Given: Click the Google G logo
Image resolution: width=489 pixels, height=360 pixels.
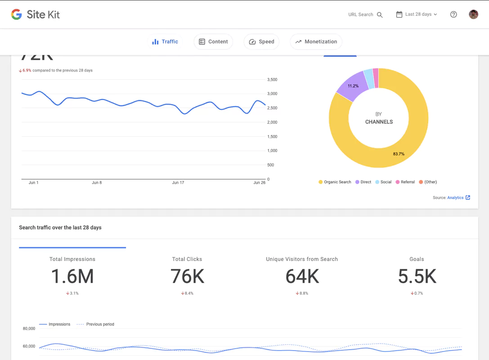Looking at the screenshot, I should click(17, 14).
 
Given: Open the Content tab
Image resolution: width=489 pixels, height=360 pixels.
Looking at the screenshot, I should click(213, 41).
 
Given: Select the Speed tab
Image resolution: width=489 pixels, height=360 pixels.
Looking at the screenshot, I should click(261, 41).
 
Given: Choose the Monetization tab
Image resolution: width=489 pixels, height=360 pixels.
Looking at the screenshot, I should click(316, 41).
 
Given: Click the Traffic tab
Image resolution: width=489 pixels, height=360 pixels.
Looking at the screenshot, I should click(165, 41).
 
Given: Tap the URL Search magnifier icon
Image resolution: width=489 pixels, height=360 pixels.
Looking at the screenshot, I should click(380, 15).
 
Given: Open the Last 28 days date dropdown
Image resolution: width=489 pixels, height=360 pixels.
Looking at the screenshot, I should click(417, 14).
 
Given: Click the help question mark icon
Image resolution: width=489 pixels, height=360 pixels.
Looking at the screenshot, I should click(453, 14).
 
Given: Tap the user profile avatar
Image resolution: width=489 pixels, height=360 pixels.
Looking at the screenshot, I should click(473, 14).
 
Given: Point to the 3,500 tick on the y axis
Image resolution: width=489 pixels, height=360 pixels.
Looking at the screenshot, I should click(272, 80).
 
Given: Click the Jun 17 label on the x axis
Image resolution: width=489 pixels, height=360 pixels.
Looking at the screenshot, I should click(178, 183).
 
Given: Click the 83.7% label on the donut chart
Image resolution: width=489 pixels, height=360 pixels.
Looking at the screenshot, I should click(399, 154).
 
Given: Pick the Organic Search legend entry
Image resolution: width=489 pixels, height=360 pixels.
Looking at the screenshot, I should click(335, 182).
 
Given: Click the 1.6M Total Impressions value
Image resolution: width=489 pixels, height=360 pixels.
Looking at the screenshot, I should click(72, 276).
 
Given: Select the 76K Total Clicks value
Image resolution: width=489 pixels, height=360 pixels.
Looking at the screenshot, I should click(187, 276).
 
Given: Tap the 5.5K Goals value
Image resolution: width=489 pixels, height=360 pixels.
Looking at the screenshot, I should click(417, 276).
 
